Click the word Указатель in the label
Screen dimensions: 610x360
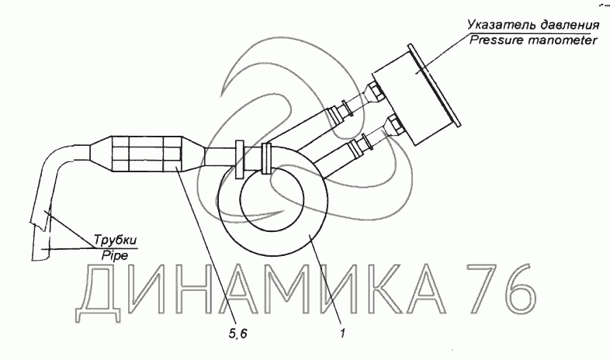click(x=499, y=26)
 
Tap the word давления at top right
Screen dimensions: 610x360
click(x=567, y=26)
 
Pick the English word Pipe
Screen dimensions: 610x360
click(x=115, y=256)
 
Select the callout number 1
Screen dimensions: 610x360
click(x=343, y=334)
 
